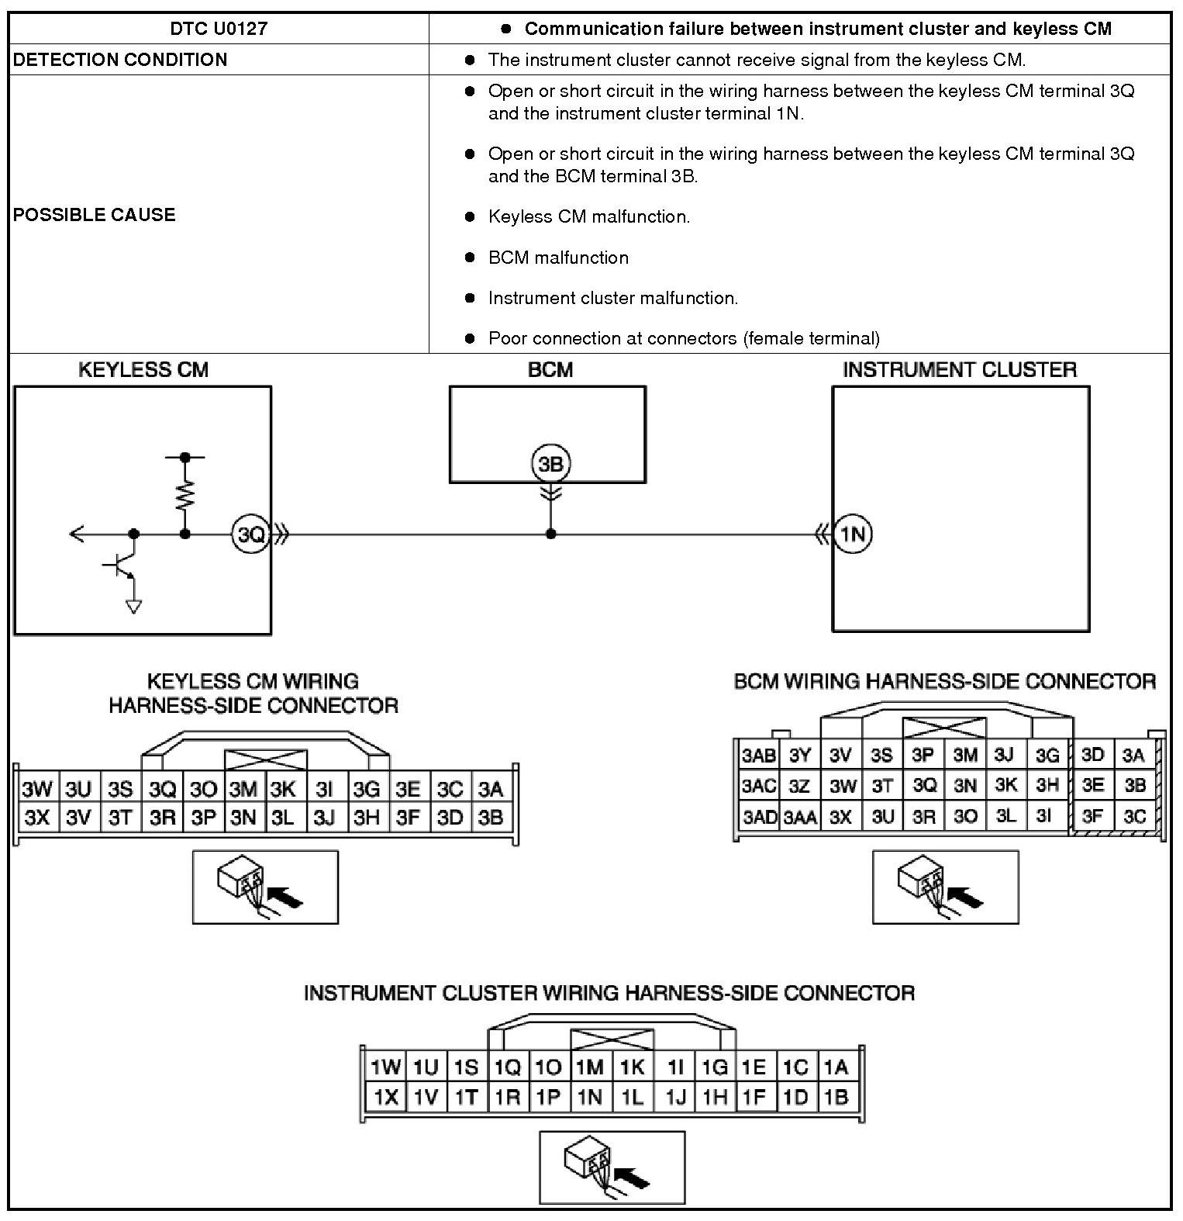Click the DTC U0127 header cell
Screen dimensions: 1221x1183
pos(219,29)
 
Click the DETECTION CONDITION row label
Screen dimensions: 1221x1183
pos(120,60)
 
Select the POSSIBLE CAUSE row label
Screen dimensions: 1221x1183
pos(94,215)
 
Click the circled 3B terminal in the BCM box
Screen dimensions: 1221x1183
pos(550,464)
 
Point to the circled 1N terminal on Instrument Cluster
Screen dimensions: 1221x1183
pos(853,534)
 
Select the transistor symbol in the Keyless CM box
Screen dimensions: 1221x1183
pos(120,566)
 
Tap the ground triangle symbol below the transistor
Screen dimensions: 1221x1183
pos(134,607)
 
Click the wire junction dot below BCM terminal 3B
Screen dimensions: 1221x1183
pos(550,534)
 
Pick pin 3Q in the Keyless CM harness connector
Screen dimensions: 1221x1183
pos(162,790)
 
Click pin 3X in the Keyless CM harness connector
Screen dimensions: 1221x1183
pos(36,817)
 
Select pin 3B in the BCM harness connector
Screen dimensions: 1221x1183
pos(1134,785)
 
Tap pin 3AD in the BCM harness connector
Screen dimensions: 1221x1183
pos(759,816)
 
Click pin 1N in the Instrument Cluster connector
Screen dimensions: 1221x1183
pos(590,1097)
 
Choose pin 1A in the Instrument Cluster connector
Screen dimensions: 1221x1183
pos(836,1067)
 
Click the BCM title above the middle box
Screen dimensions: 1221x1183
pos(550,370)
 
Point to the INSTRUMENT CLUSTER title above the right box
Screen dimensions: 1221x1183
pos(960,370)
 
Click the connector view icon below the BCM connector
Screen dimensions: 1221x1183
pos(945,887)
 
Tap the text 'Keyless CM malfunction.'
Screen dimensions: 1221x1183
pos(588,217)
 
